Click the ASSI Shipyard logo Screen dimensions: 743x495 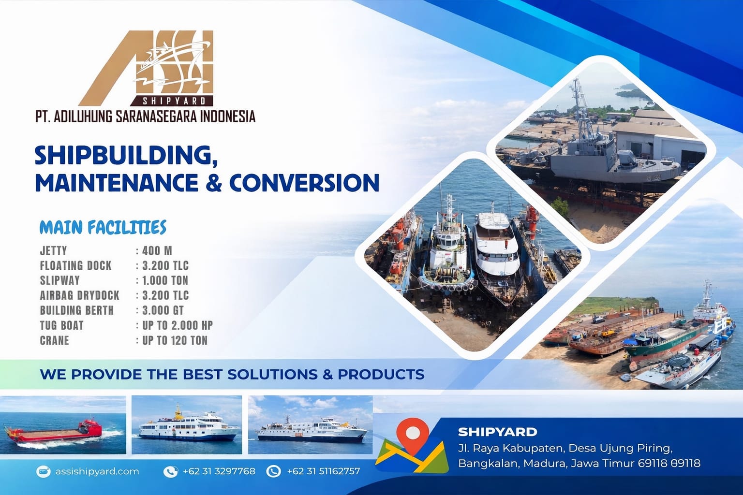coord(146,68)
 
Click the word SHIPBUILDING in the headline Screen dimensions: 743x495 coord(126,156)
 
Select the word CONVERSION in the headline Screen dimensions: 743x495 coord(304,183)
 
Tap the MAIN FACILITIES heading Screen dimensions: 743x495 coord(103,228)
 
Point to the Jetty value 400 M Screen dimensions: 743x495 coord(157,251)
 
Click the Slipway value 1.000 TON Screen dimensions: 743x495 coord(165,280)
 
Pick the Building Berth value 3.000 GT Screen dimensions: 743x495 coord(163,310)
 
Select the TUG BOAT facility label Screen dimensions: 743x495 coord(62,325)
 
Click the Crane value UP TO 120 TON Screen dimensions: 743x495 coord(175,340)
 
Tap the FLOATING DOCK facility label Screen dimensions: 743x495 coord(75,265)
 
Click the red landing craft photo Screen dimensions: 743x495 coord(63,425)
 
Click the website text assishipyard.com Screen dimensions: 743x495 coord(97,471)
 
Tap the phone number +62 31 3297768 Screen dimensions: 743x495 coord(219,471)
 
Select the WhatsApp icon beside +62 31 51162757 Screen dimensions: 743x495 coord(274,471)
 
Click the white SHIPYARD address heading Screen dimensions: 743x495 coord(498,432)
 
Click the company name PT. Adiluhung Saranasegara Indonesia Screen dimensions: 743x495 coord(145,116)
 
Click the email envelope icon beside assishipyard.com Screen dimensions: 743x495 coord(43,471)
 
